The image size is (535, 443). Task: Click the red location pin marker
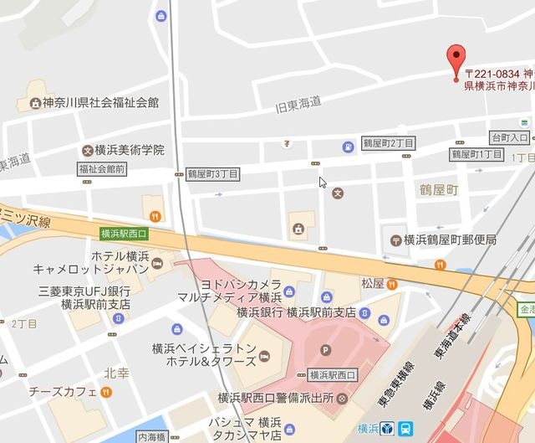coord(456,62)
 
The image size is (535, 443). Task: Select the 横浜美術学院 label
coord(129,150)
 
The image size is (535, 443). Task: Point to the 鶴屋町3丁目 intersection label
coord(212,173)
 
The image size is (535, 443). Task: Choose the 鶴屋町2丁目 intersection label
coord(387,145)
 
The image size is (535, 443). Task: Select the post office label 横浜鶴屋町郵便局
coord(450,240)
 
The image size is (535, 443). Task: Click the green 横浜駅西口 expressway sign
coord(123,234)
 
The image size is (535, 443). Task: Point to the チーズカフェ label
coord(63,391)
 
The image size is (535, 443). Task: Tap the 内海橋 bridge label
coord(152,437)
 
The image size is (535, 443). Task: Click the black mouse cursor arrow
coord(323,182)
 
